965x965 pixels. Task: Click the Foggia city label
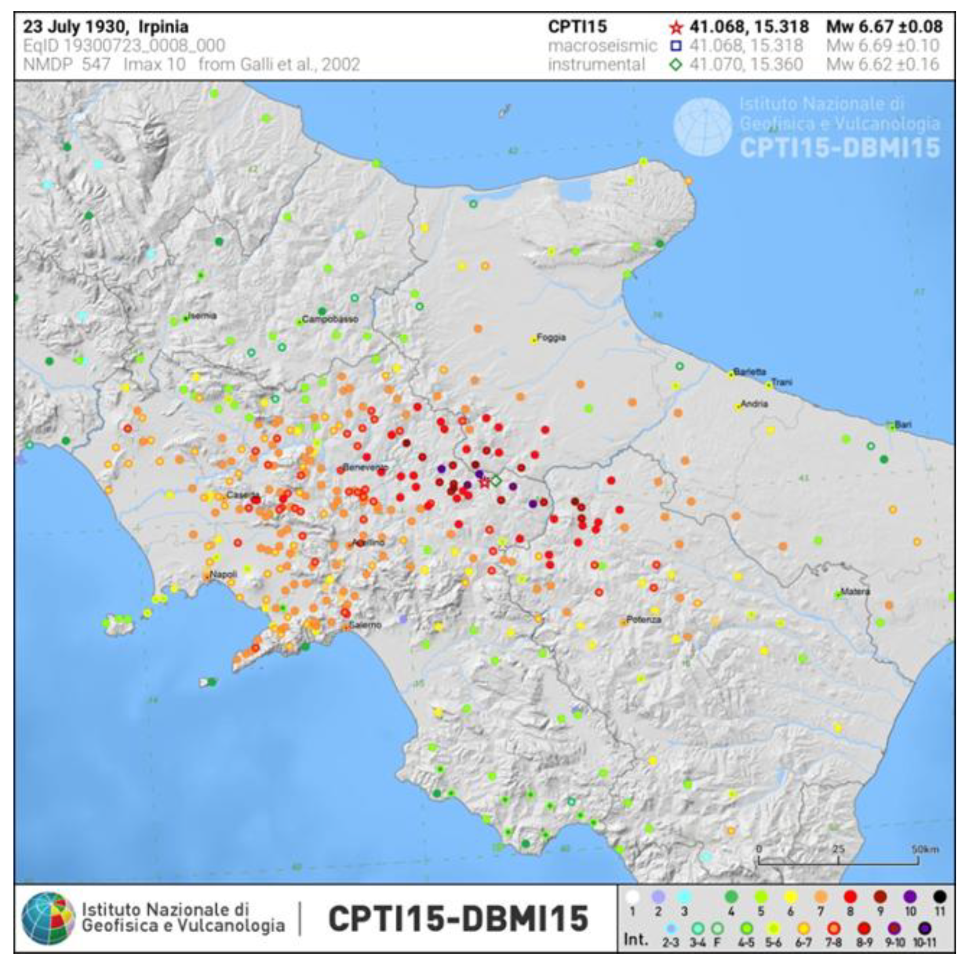(x=551, y=337)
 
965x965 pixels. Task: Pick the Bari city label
(x=903, y=425)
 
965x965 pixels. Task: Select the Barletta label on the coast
(x=749, y=372)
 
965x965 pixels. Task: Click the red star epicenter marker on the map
(x=484, y=482)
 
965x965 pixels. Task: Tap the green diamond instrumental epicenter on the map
(x=495, y=481)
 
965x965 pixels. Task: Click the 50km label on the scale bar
(x=925, y=849)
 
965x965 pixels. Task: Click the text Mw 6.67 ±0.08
(x=884, y=26)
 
